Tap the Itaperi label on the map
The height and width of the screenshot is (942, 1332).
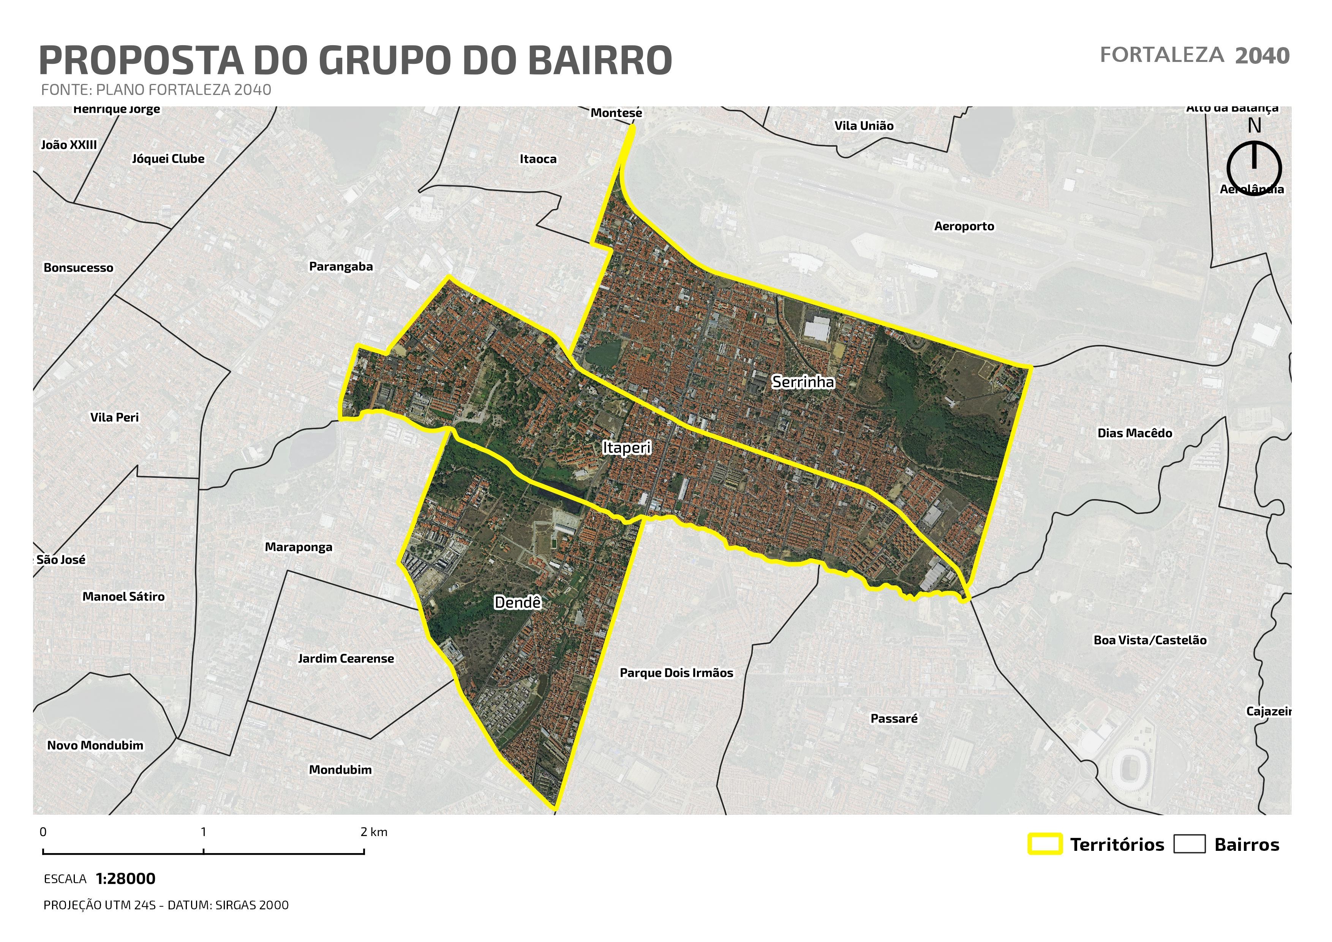(627, 448)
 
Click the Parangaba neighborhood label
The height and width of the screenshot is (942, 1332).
(341, 267)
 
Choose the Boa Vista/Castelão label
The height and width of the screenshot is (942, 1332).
(1150, 640)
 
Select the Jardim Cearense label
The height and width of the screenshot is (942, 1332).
(346, 658)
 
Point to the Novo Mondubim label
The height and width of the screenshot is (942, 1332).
(95, 745)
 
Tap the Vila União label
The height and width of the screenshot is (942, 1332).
(864, 126)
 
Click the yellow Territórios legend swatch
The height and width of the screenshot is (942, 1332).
(1045, 844)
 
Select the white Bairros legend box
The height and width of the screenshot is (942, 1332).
(1189, 844)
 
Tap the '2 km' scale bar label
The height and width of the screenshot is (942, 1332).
(374, 832)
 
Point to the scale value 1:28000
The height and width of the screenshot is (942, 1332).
(125, 879)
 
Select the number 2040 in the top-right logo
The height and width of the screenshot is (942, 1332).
(1262, 56)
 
